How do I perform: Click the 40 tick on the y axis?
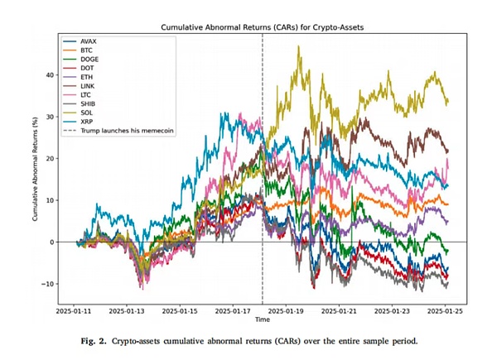[51, 74]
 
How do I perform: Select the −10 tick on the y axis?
[49, 284]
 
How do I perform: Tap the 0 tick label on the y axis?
[53, 242]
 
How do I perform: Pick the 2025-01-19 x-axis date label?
[289, 311]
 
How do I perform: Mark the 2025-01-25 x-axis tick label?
[451, 311]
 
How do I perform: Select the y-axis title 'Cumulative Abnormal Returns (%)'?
[35, 166]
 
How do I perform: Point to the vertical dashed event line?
[263, 207]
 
